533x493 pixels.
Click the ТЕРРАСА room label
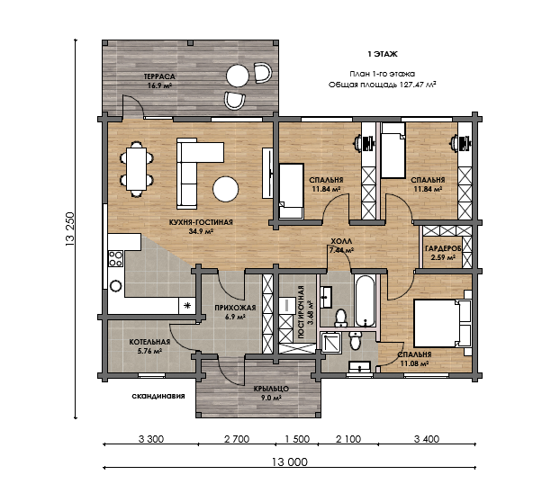click(159, 76)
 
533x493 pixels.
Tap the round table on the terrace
click(238, 76)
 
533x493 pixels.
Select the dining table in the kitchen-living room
click(136, 169)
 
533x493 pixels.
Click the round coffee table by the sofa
click(226, 189)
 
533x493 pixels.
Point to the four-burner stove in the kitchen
click(115, 258)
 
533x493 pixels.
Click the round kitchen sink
click(116, 286)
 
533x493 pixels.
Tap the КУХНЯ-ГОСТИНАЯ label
click(201, 222)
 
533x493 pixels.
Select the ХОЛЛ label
click(341, 242)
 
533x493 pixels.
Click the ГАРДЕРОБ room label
click(443, 248)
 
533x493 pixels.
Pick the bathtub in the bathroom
click(365, 300)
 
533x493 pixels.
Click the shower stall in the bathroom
click(331, 343)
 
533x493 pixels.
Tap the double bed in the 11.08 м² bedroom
click(442, 323)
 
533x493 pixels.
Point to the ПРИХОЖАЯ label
click(235, 308)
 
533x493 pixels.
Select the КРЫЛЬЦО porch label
click(271, 389)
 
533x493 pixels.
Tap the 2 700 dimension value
click(237, 439)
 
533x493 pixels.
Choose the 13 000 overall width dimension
click(290, 462)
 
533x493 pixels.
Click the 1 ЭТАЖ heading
click(383, 54)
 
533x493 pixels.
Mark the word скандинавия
click(158, 396)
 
